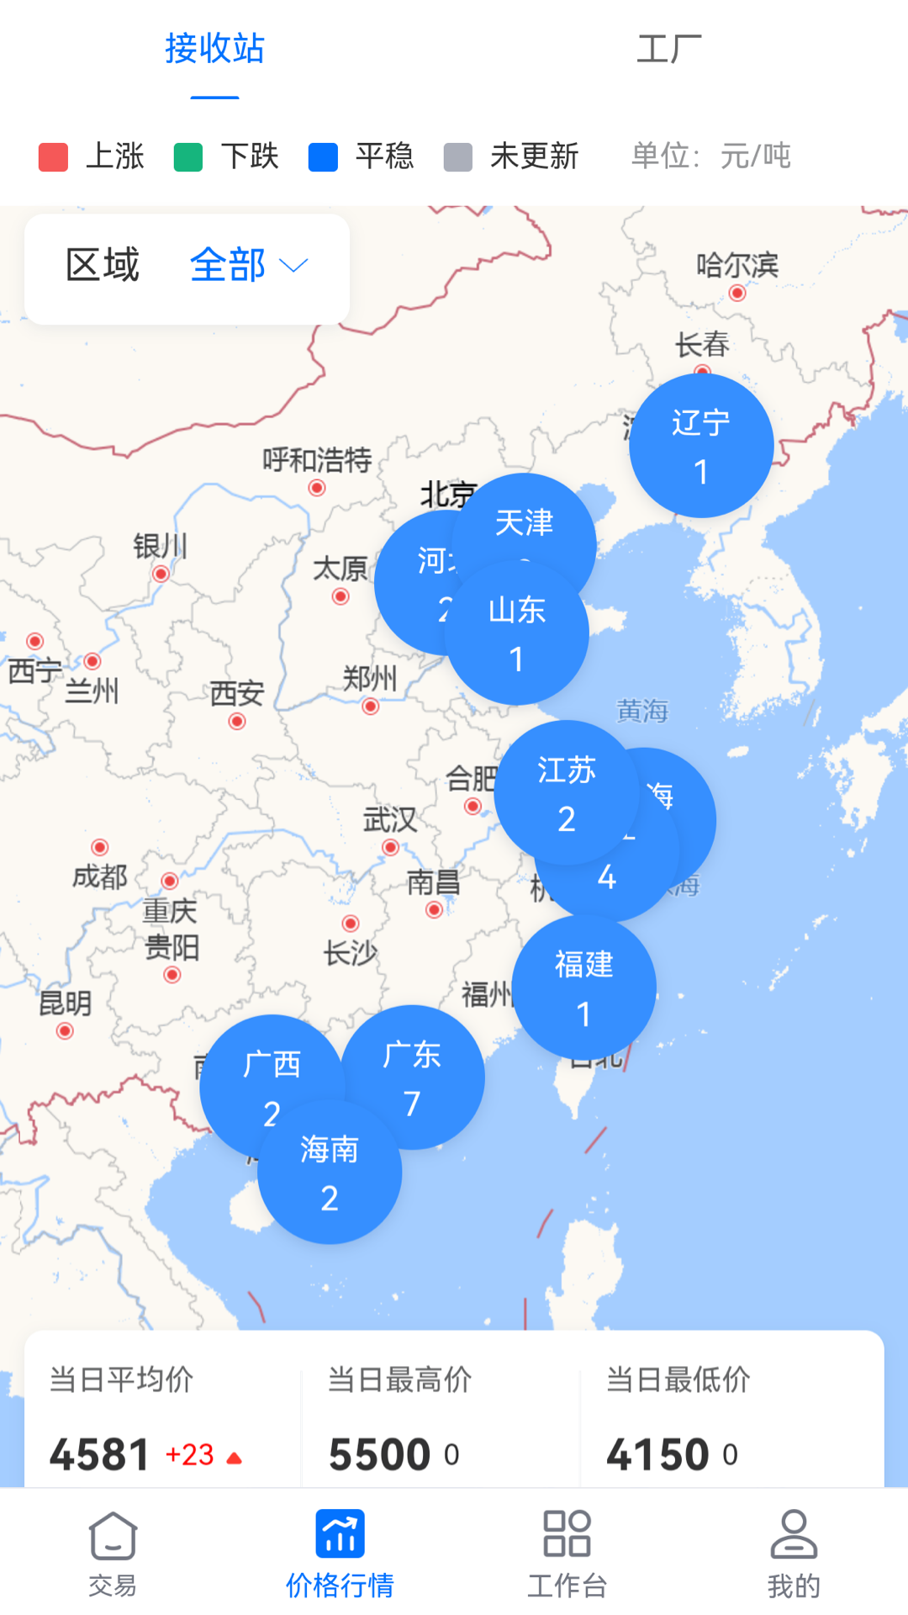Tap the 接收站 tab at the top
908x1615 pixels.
point(214,49)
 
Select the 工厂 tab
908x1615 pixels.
point(668,49)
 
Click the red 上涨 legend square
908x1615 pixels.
point(53,157)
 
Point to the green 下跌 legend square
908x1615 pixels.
point(187,157)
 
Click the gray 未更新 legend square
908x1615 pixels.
point(457,157)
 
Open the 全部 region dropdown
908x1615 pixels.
point(248,266)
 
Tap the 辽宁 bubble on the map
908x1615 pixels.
point(701,446)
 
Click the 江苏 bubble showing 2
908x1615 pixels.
point(566,792)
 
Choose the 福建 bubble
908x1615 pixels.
point(583,988)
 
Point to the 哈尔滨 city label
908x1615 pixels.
point(736,266)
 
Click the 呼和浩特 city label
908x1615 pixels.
point(317,460)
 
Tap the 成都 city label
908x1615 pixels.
point(99,876)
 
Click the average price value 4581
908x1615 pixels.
point(99,1454)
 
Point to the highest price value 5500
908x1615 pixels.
point(380,1454)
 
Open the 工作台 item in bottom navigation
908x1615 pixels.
point(567,1552)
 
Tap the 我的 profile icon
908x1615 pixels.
point(794,1535)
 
